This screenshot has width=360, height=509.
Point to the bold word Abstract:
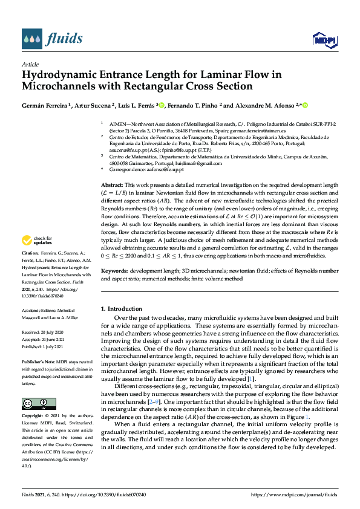tap(112, 184)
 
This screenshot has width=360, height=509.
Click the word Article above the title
tap(30, 64)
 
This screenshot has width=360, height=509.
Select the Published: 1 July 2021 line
tap(44, 347)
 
